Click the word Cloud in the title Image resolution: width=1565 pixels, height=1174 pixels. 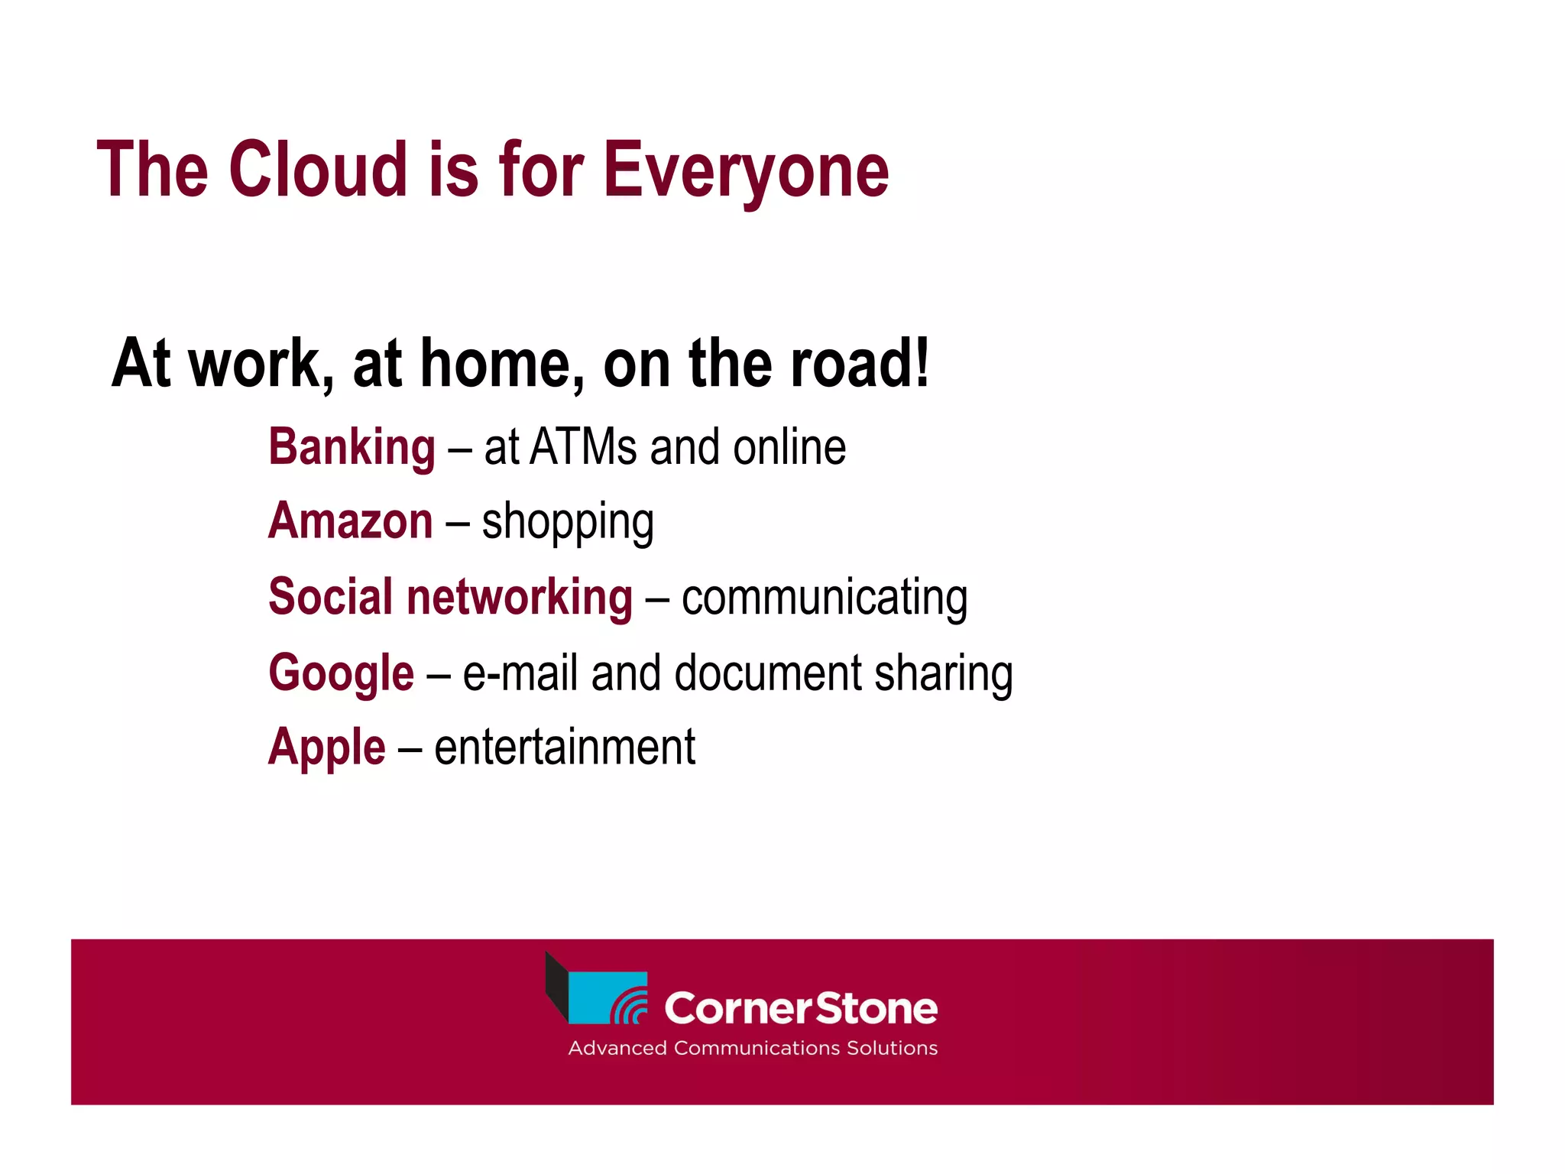pyautogui.click(x=317, y=170)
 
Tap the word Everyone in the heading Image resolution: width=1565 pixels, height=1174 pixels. pyautogui.click(x=746, y=172)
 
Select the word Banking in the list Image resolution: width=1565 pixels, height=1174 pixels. pyautogui.click(x=352, y=448)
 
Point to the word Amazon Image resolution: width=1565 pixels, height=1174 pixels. pyautogui.click(x=351, y=521)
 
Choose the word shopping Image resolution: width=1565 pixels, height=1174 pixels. pyautogui.click(x=568, y=524)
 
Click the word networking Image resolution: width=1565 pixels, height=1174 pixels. pyautogui.click(x=520, y=597)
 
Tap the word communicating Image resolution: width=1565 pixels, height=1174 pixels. pyautogui.click(x=825, y=598)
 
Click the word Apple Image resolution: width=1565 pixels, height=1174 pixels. pyautogui.click(x=327, y=748)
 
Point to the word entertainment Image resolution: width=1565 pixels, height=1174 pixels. pyautogui.click(x=565, y=748)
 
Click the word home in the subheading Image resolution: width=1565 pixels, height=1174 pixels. pyautogui.click(x=495, y=365)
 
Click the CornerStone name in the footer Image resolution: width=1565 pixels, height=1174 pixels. pyautogui.click(x=800, y=1009)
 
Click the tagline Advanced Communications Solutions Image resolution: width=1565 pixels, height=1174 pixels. pyautogui.click(x=753, y=1048)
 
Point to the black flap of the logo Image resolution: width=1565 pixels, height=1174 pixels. pyautogui.click(x=556, y=986)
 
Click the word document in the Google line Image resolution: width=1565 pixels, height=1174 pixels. pyautogui.click(x=768, y=673)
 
